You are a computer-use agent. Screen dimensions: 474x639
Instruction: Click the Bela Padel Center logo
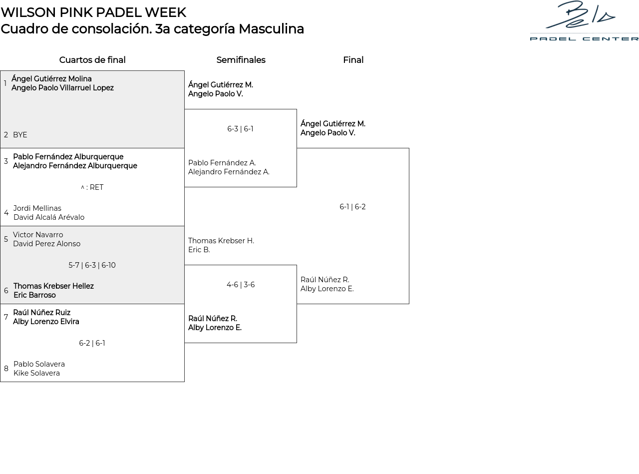[584, 21]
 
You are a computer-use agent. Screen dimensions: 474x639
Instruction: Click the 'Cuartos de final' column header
[92, 60]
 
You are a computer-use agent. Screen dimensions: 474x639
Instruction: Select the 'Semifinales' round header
[241, 60]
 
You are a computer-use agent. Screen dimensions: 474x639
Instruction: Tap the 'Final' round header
[353, 60]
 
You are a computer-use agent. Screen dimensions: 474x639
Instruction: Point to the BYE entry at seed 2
[20, 135]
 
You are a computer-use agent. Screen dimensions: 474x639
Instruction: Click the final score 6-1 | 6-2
[352, 207]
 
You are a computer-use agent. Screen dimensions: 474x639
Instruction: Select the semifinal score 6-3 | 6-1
[240, 129]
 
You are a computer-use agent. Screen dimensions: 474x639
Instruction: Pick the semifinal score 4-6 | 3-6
[241, 285]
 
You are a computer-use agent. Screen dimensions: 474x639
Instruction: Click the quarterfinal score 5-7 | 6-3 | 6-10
[92, 265]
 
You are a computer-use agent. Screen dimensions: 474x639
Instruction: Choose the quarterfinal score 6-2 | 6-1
[92, 343]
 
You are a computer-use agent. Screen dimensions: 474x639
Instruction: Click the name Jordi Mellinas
[37, 208]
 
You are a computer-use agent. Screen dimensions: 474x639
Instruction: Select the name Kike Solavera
[36, 373]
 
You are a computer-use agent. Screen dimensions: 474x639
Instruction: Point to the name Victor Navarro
[38, 235]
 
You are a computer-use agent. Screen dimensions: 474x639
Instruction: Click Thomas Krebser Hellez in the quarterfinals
[53, 286]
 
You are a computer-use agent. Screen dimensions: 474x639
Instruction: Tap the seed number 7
[6, 317]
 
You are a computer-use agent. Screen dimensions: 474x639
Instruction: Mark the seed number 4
[6, 213]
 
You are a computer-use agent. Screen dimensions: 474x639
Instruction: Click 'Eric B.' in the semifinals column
[199, 250]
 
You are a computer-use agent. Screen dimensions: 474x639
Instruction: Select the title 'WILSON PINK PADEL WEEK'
[93, 12]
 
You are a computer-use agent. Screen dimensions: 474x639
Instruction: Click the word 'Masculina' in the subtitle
[271, 29]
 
